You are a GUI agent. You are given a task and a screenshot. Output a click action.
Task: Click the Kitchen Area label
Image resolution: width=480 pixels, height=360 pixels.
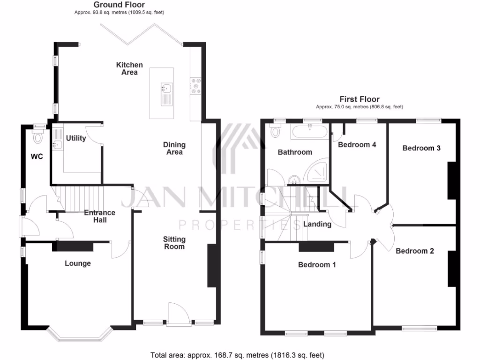coord(129,68)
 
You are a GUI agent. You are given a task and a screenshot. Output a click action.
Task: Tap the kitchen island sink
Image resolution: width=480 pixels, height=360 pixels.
coord(166,89)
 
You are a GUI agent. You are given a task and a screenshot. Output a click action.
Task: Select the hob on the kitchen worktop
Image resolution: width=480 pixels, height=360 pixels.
coord(195,86)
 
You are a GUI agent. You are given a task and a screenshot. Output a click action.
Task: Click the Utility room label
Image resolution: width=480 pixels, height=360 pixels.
coord(75,138)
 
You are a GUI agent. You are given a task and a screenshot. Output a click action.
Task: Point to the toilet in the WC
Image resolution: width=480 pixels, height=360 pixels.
coord(38,136)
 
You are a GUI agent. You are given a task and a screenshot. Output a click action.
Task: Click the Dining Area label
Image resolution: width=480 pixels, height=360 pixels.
coord(174,148)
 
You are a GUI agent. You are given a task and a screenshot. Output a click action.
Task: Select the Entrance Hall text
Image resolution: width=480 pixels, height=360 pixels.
coord(99,216)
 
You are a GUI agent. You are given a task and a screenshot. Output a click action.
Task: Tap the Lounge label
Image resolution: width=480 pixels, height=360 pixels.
coord(78,263)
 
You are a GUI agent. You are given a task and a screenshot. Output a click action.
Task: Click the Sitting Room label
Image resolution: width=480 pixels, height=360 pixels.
coord(174,243)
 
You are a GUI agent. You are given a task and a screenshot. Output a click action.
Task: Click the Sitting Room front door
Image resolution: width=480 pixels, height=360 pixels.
coord(179,314)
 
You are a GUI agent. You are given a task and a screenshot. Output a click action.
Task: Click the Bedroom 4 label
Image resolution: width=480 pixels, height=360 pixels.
coord(357,144)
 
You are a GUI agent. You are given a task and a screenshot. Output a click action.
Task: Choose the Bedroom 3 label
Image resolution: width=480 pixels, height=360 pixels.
coord(421,148)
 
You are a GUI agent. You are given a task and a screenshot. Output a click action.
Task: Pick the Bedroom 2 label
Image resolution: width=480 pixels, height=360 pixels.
coord(415,251)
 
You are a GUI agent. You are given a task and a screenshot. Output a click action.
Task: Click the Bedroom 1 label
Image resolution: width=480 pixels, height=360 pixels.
coord(317,264)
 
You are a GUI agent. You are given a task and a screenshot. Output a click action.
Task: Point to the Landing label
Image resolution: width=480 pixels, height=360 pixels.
coord(317,224)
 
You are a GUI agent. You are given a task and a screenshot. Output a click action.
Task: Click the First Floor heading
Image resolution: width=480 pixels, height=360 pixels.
coord(360,99)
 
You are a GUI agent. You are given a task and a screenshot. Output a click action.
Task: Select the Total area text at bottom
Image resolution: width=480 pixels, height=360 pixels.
coord(237,355)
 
